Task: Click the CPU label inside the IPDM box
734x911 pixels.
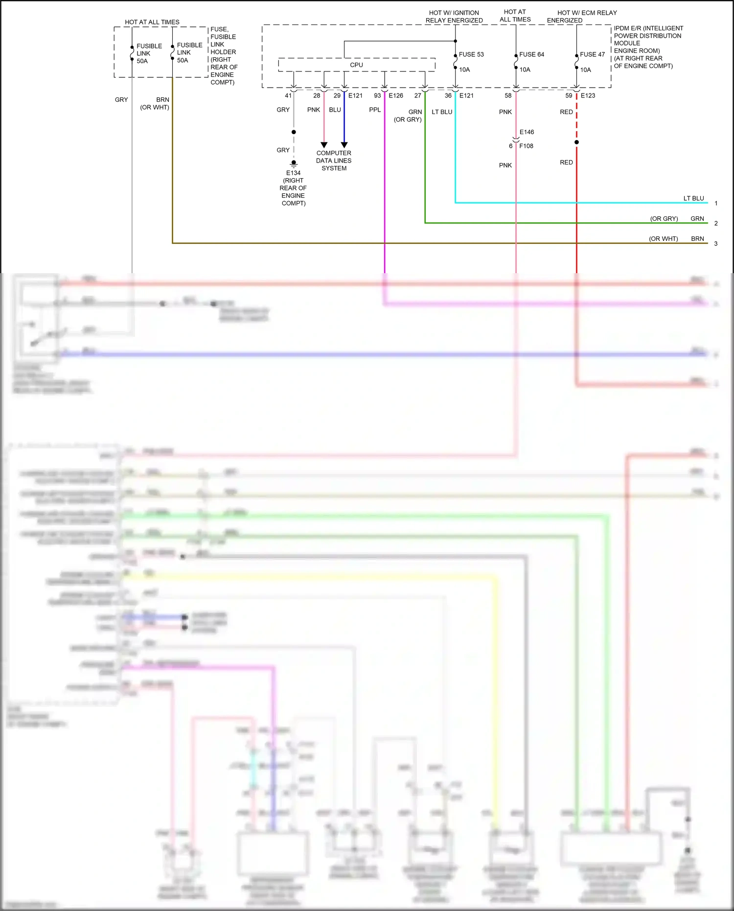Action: [x=356, y=65]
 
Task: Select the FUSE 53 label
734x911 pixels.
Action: [x=471, y=54]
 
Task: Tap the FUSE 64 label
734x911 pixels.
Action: [x=531, y=54]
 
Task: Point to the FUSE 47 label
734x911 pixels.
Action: [x=592, y=54]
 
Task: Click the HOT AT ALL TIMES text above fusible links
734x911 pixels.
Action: [x=152, y=22]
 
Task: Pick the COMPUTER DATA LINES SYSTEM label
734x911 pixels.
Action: [x=334, y=161]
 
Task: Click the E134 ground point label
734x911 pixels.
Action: [x=293, y=173]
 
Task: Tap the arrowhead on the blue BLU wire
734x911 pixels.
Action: [x=344, y=145]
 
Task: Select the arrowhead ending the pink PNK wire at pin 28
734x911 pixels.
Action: [x=324, y=145]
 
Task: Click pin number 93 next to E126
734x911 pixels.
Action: [x=377, y=95]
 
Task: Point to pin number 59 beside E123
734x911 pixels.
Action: [x=569, y=95]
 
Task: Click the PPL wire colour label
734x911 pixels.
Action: [x=375, y=110]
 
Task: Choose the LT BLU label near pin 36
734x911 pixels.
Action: [x=442, y=112]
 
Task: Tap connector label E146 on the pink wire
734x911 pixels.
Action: [x=527, y=132]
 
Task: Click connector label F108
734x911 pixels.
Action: [x=526, y=146]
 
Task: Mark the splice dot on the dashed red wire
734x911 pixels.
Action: [x=576, y=142]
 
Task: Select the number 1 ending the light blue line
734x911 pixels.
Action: [x=716, y=203]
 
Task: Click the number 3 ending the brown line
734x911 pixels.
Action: [x=716, y=243]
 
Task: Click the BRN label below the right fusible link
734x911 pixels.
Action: [x=162, y=99]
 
